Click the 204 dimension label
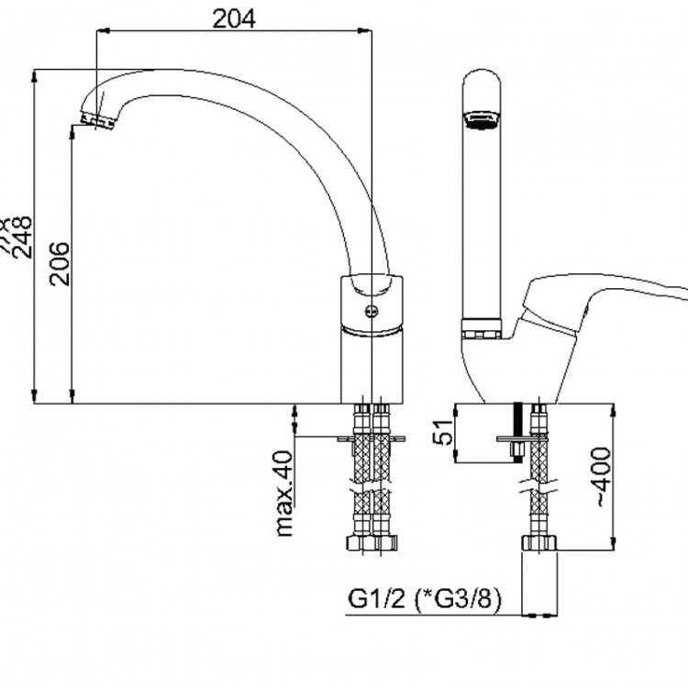234,17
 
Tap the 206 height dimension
59,263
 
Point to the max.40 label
283,494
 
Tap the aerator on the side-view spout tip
99,120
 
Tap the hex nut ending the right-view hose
539,543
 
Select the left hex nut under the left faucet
358,543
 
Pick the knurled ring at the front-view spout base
483,325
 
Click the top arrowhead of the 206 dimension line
72,131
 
